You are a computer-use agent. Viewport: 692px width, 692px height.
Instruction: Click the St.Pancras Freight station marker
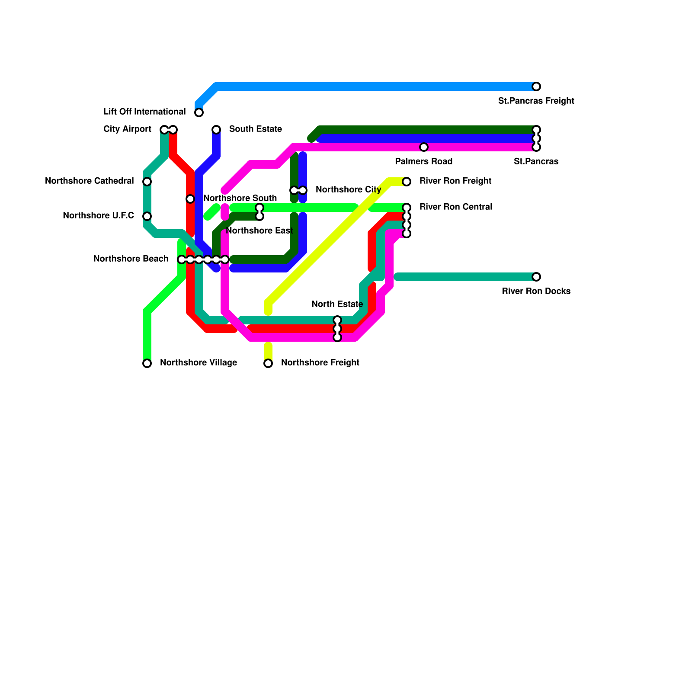[x=536, y=86]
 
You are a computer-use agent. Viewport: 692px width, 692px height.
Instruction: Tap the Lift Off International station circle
[x=199, y=112]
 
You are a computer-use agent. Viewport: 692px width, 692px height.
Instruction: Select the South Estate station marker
[x=216, y=130]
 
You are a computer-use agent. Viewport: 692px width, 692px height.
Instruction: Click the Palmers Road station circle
[x=424, y=147]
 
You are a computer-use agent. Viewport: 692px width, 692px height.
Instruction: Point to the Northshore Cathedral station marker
[x=147, y=182]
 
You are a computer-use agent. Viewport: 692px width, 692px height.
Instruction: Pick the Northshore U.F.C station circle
[x=147, y=216]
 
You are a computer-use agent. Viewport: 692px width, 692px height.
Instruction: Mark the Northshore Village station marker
[x=147, y=363]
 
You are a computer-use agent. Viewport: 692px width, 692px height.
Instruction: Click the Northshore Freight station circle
[x=268, y=363]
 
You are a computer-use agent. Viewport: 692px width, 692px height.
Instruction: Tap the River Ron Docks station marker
[x=536, y=277]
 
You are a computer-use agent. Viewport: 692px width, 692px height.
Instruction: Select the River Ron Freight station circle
[x=407, y=182]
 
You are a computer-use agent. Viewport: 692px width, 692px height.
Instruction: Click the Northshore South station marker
[x=190, y=199]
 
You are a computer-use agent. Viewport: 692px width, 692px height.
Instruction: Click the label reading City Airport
[x=127, y=129]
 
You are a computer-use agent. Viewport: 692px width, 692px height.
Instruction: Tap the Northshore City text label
[x=348, y=190]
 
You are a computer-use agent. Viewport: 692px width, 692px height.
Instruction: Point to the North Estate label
[x=337, y=304]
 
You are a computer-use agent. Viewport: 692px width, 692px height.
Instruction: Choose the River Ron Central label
[x=456, y=207]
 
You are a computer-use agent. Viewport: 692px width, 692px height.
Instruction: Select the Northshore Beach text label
[x=131, y=259]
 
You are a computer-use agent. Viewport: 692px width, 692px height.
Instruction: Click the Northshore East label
[x=259, y=231]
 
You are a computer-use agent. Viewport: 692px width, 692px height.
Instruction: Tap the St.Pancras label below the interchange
[x=536, y=162]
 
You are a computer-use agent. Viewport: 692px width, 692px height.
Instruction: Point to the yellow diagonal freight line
[x=329, y=242]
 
